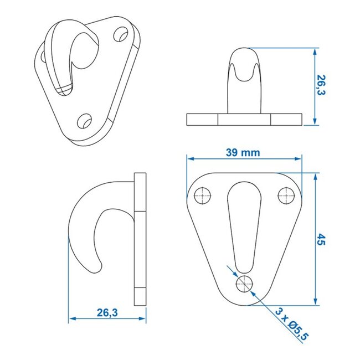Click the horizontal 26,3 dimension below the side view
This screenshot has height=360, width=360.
click(x=107, y=312)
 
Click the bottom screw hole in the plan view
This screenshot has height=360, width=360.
click(x=244, y=284)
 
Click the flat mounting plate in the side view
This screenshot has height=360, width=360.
click(x=140, y=238)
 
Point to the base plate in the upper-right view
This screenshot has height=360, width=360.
click(x=244, y=119)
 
